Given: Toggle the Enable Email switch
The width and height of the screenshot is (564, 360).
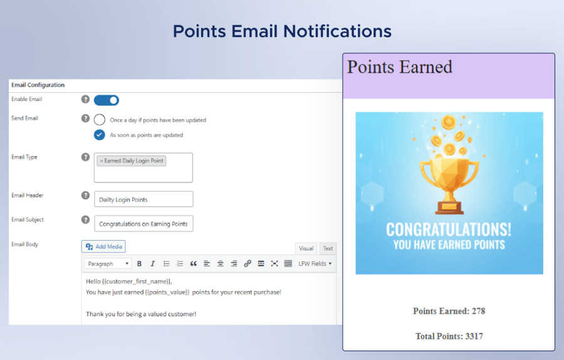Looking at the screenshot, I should click(107, 100).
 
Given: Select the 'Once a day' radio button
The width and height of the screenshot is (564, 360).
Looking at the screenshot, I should click(100, 120).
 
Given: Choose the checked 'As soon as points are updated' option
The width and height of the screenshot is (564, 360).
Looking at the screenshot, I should click(100, 135).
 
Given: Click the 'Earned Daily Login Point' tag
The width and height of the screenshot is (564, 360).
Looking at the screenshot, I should click(132, 161).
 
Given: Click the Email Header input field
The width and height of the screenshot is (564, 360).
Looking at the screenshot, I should click(144, 199).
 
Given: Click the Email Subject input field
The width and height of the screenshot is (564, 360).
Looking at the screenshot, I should click(144, 224).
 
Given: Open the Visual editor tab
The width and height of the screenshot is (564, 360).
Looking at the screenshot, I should click(306, 248).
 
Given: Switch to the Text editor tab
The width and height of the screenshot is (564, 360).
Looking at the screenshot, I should click(328, 248).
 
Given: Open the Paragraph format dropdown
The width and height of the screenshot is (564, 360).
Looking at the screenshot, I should click(108, 264).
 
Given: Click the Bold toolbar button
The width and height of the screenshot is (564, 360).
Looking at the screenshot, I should click(139, 264).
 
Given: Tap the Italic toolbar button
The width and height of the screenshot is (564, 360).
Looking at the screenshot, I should click(152, 264).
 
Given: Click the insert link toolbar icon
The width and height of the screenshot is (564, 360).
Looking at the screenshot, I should click(247, 264).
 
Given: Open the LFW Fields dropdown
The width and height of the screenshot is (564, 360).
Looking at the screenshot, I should click(315, 264).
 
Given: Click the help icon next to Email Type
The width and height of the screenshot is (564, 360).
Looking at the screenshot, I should click(86, 157).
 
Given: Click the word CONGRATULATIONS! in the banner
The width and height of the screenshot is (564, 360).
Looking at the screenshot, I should click(449, 229).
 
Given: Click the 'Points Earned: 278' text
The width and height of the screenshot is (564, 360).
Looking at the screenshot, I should click(449, 311).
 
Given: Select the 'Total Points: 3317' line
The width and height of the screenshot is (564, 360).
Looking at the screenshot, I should click(449, 336).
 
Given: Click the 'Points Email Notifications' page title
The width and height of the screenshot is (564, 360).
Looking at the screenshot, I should click(282, 31).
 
